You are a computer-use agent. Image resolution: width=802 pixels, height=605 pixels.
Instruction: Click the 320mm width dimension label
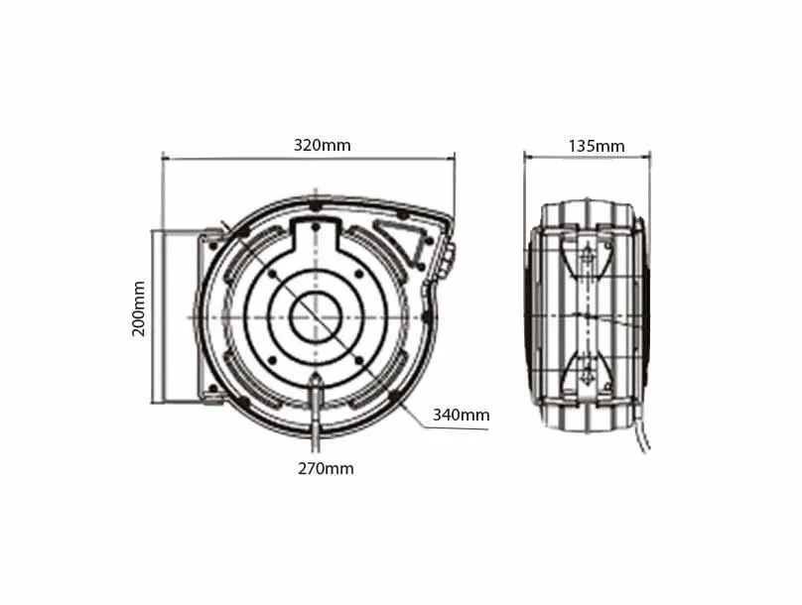322,145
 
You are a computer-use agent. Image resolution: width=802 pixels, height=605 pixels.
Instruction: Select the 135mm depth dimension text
596,146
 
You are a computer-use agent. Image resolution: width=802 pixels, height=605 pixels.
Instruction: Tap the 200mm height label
140,307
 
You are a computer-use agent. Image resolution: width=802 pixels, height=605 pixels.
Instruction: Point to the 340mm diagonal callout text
461,415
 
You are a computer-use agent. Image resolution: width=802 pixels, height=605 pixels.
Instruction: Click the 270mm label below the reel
324,468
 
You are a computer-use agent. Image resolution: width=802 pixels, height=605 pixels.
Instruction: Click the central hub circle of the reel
316,317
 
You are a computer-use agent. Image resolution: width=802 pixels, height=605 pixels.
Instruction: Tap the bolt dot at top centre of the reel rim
315,207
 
